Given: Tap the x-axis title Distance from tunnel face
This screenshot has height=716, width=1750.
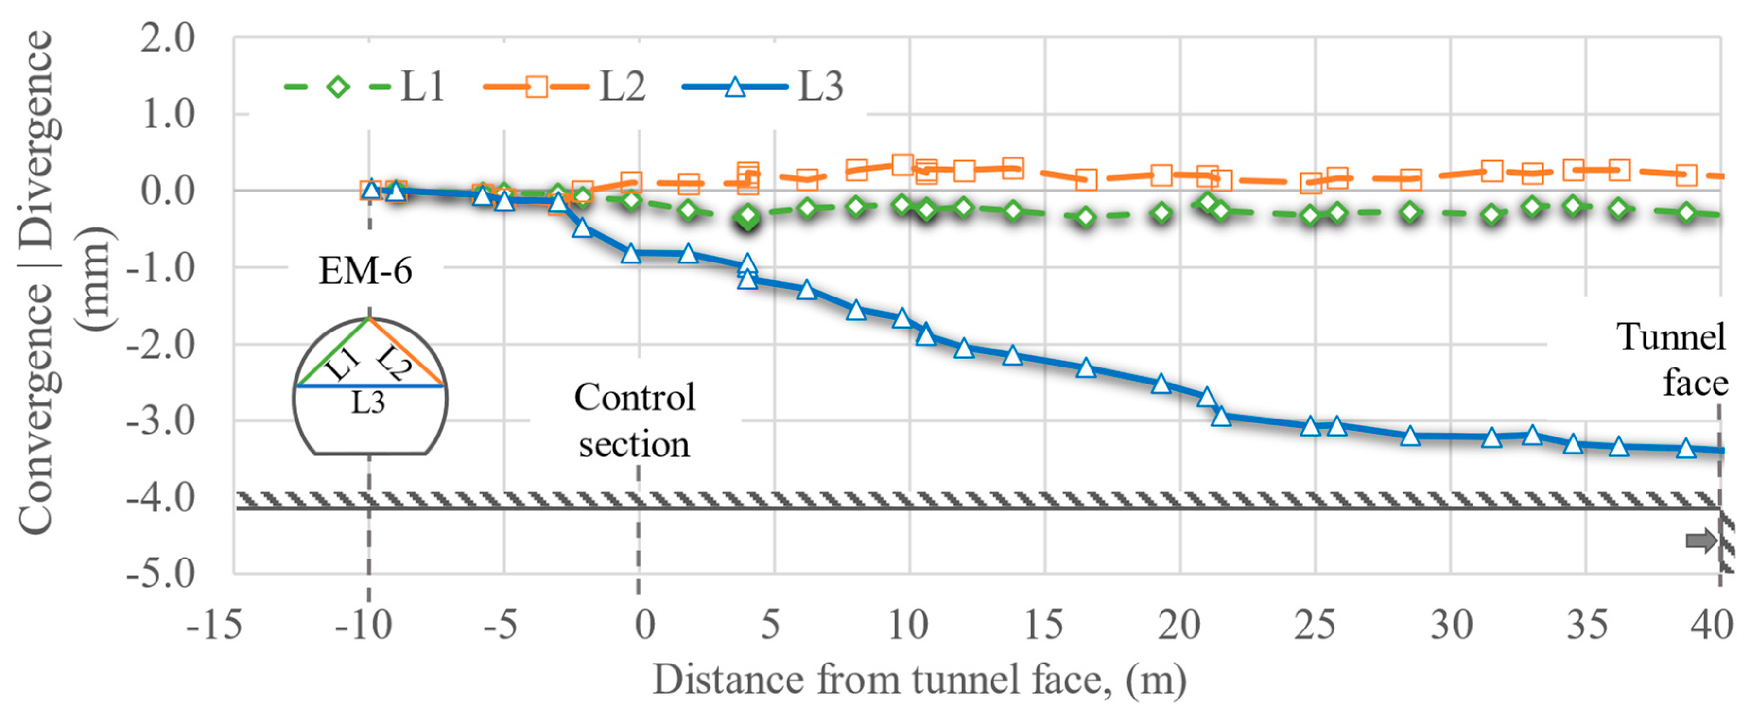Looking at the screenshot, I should tap(919, 680).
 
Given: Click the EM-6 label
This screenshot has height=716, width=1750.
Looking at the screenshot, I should tap(365, 271).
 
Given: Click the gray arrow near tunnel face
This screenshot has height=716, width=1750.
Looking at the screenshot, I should tap(1700, 541).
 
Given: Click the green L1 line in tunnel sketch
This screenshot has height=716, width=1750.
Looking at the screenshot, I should tap(333, 352).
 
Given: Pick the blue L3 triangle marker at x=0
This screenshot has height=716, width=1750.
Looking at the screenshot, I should tap(631, 253).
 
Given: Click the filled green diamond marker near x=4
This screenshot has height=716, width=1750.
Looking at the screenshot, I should tap(748, 217).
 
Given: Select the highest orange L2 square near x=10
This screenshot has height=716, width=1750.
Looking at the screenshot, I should tap(901, 164).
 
